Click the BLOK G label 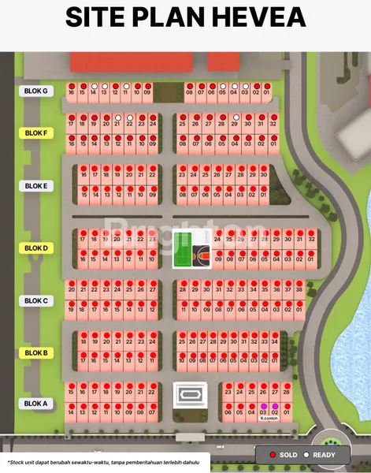(x=36, y=91)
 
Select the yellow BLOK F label (x=36, y=133)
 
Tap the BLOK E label (x=36, y=186)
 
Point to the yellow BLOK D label (x=36, y=248)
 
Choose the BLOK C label (x=36, y=300)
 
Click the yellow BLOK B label (x=36, y=353)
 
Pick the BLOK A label (x=36, y=404)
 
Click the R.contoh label (x=270, y=419)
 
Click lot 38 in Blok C (x=299, y=290)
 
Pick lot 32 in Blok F (x=273, y=124)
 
